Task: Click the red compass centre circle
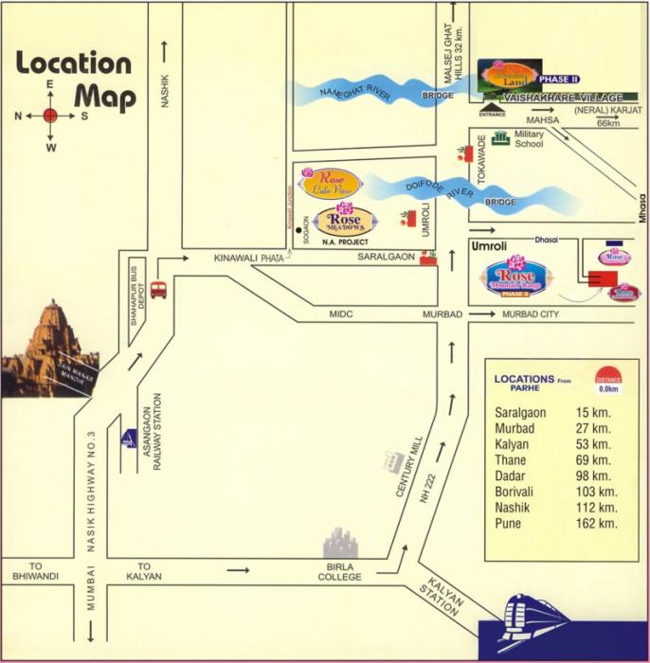(50, 116)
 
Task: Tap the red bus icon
(158, 289)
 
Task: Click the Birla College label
(339, 571)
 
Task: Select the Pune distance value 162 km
(598, 523)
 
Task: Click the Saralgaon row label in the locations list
(520, 413)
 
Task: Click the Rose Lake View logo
(328, 182)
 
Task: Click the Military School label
(529, 139)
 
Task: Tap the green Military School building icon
(499, 138)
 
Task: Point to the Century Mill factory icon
(390, 460)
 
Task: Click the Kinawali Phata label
(249, 258)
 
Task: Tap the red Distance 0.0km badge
(606, 380)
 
